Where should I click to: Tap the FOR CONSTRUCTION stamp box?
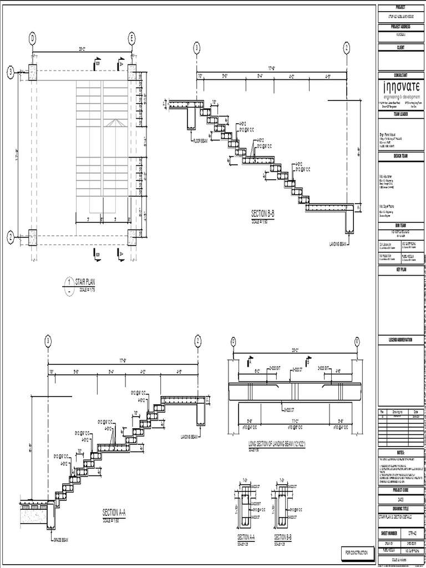pyautogui.click(x=356, y=553)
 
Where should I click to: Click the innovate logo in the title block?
pyautogui.click(x=401, y=88)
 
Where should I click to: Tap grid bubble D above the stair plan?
pyautogui.click(x=33, y=38)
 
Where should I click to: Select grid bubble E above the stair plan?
pyautogui.click(x=132, y=38)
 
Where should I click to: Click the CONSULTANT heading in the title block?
pyautogui.click(x=400, y=74)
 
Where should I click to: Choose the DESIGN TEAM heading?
pyautogui.click(x=400, y=156)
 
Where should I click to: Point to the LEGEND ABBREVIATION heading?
pyautogui.click(x=400, y=339)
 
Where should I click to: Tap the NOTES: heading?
pyautogui.click(x=400, y=453)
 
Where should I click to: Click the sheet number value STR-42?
pyautogui.click(x=411, y=534)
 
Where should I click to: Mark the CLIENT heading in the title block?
pyautogui.click(x=400, y=48)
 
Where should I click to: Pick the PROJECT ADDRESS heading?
pyautogui.click(x=400, y=27)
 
